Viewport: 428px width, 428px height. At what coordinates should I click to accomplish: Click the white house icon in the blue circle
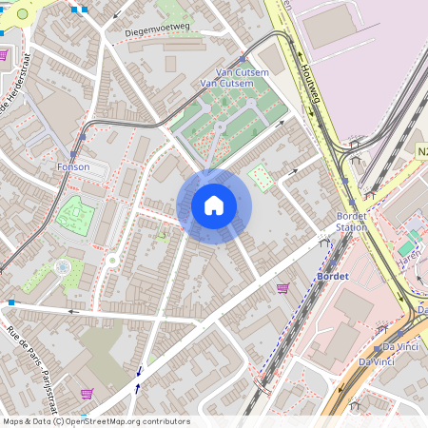(x=213, y=205)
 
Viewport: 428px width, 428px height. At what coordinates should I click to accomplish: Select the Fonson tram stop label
(x=73, y=167)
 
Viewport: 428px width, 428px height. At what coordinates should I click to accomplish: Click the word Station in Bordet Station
(x=352, y=227)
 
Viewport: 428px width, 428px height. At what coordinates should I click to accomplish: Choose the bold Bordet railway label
(x=331, y=276)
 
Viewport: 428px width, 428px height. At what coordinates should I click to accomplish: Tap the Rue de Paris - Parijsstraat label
(x=26, y=355)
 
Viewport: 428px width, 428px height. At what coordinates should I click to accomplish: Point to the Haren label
(x=409, y=255)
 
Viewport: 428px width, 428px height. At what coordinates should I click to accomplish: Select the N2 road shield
(x=421, y=151)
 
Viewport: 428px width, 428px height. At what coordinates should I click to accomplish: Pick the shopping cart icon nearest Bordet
(x=282, y=287)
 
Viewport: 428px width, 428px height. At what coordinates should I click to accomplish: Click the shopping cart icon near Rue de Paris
(x=87, y=394)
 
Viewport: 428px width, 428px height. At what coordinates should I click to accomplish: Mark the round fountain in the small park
(x=63, y=267)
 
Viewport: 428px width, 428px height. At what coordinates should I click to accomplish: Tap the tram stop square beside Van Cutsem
(x=243, y=59)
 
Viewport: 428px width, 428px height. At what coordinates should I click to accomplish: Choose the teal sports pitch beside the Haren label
(x=414, y=235)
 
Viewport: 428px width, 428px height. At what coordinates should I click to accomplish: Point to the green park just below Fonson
(x=70, y=215)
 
